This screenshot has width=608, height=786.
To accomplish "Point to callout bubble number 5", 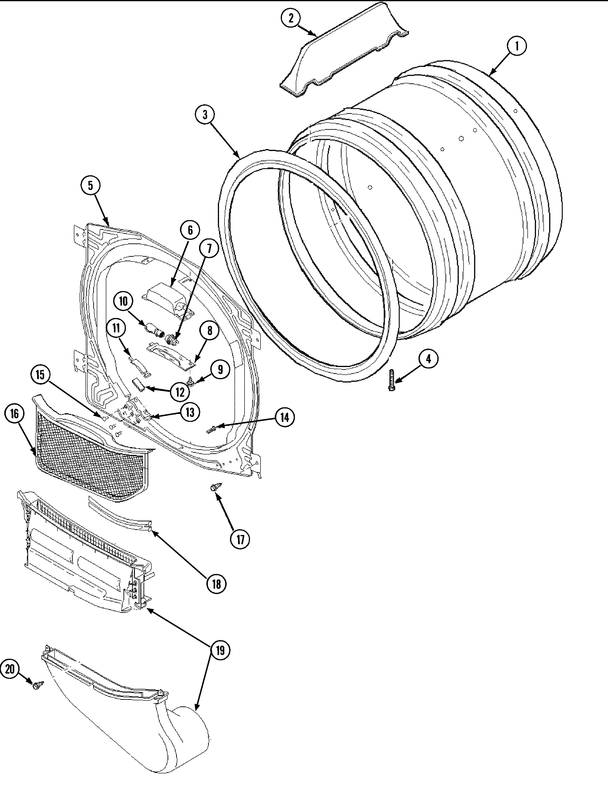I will [x=90, y=185].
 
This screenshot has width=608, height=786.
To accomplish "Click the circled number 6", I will [x=190, y=230].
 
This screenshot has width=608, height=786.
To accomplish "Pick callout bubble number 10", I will [x=123, y=301].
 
